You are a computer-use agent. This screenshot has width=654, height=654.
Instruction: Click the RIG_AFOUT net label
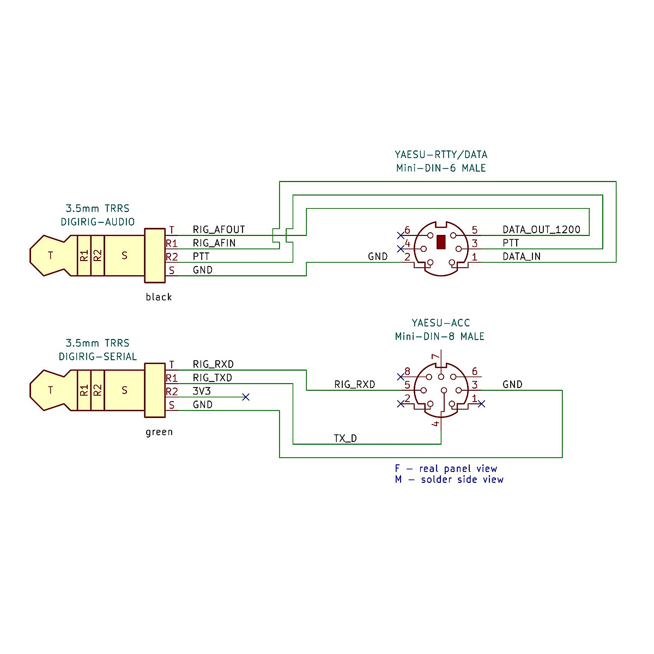pyautogui.click(x=219, y=229)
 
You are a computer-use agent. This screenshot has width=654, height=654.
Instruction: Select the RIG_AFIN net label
pyautogui.click(x=214, y=243)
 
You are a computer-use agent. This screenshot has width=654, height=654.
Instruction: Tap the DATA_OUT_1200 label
pyautogui.click(x=541, y=229)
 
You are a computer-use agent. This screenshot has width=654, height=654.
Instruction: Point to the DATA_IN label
pyautogui.click(x=522, y=256)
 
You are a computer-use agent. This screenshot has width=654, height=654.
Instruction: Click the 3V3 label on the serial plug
pyautogui.click(x=202, y=391)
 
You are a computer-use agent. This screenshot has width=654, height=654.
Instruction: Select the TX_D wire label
pyautogui.click(x=346, y=438)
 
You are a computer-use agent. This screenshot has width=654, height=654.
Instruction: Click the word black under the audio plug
pyautogui.click(x=159, y=297)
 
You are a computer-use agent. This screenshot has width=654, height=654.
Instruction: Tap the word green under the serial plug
pyautogui.click(x=159, y=432)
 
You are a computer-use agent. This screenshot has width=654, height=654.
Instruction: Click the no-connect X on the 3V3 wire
pyautogui.click(x=246, y=397)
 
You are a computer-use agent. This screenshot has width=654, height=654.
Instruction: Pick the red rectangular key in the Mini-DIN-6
pyautogui.click(x=441, y=241)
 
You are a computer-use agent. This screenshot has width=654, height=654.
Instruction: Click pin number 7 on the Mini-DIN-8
pyautogui.click(x=435, y=358)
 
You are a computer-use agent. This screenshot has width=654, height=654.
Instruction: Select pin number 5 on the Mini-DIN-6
pyautogui.click(x=475, y=230)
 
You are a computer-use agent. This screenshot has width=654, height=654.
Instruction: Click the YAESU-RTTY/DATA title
pyautogui.click(x=441, y=155)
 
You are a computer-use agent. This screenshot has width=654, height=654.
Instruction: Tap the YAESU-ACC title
pyautogui.click(x=440, y=323)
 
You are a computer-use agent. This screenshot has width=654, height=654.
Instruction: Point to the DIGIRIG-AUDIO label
pyautogui.click(x=98, y=222)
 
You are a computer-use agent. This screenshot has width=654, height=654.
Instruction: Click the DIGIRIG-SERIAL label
pyautogui.click(x=98, y=356)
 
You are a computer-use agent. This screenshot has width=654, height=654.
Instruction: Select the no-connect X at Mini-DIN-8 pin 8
pyautogui.click(x=401, y=376)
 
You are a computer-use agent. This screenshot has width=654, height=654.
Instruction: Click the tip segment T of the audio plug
pyautogui.click(x=51, y=255)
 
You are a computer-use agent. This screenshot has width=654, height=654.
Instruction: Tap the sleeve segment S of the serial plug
pyautogui.click(x=124, y=390)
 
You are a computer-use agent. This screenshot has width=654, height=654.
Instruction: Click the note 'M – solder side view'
pyautogui.click(x=449, y=480)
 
